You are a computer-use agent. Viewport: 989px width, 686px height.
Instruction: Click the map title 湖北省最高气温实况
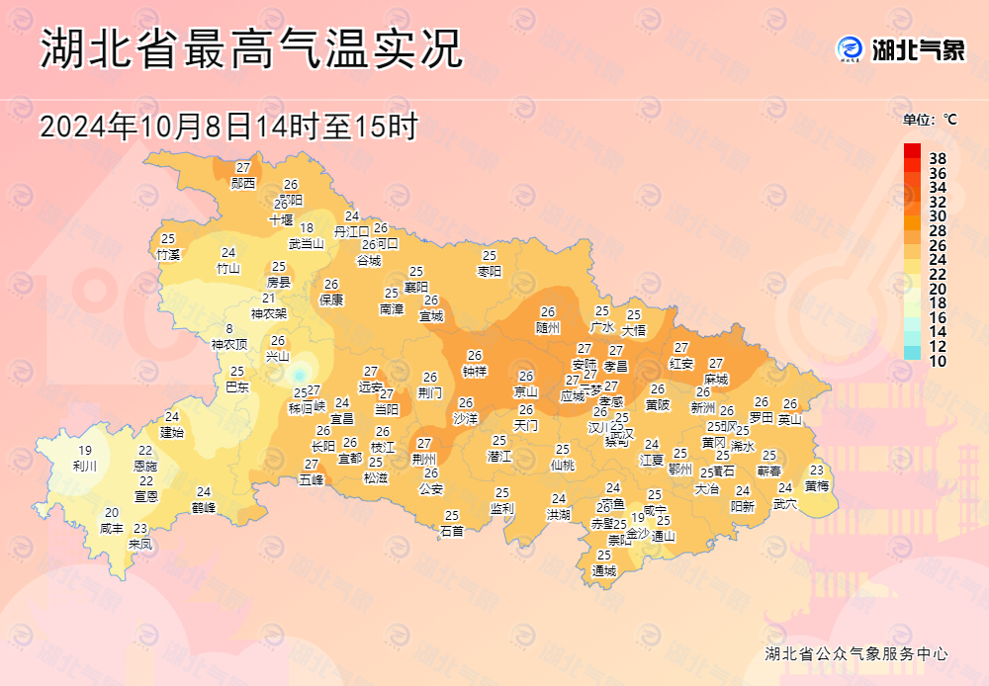pos(251,50)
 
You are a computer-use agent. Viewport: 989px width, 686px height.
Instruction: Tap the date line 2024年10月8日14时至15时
pos(229,126)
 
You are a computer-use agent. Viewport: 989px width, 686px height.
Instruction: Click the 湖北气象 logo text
pos(918,49)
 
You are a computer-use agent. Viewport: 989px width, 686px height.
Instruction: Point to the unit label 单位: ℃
pos(930,120)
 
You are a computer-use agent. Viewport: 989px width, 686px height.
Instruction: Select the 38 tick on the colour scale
pos(938,158)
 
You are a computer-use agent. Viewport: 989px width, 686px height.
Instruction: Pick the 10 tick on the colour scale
pos(938,362)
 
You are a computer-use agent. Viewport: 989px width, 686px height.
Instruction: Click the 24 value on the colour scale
pos(938,260)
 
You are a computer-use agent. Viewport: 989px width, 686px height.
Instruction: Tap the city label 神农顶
pos(229,345)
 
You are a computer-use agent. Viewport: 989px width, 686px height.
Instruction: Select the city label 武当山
pos(307,243)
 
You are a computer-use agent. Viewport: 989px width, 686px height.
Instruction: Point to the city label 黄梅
pos(817,485)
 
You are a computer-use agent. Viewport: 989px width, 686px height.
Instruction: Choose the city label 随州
pos(548,327)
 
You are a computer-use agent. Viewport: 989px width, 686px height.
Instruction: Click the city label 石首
pos(452,531)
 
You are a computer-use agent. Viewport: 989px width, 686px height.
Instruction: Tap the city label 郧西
pos(243,183)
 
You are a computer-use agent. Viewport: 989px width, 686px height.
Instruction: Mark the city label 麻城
pos(716,379)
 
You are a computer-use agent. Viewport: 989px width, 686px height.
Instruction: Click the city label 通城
pos(603,570)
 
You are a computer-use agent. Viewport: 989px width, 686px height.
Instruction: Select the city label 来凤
pos(140,544)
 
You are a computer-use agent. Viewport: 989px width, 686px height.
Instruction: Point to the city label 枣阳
pos(490,271)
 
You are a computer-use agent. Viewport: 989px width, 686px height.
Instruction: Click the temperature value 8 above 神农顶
pos(229,330)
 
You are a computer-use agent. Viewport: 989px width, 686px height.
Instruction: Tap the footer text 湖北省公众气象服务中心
pos(856,653)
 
